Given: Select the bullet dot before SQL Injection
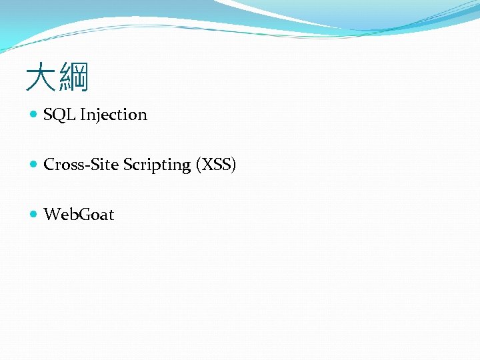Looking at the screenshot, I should coord(34,115).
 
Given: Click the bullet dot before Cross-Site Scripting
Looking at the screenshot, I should coord(34,165).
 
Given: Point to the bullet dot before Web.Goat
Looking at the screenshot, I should coord(34,215).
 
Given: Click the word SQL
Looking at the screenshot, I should coord(59,115).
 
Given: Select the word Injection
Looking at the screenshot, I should coord(113,115).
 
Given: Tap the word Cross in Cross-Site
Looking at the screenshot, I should coord(61,165).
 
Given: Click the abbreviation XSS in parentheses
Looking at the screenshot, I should coord(215,165).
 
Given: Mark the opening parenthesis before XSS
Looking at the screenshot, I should coord(198,165).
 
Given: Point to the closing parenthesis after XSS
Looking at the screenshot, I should coord(233,165).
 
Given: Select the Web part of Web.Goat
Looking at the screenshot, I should coord(58,215).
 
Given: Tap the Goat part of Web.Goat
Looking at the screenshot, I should coord(96,215).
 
